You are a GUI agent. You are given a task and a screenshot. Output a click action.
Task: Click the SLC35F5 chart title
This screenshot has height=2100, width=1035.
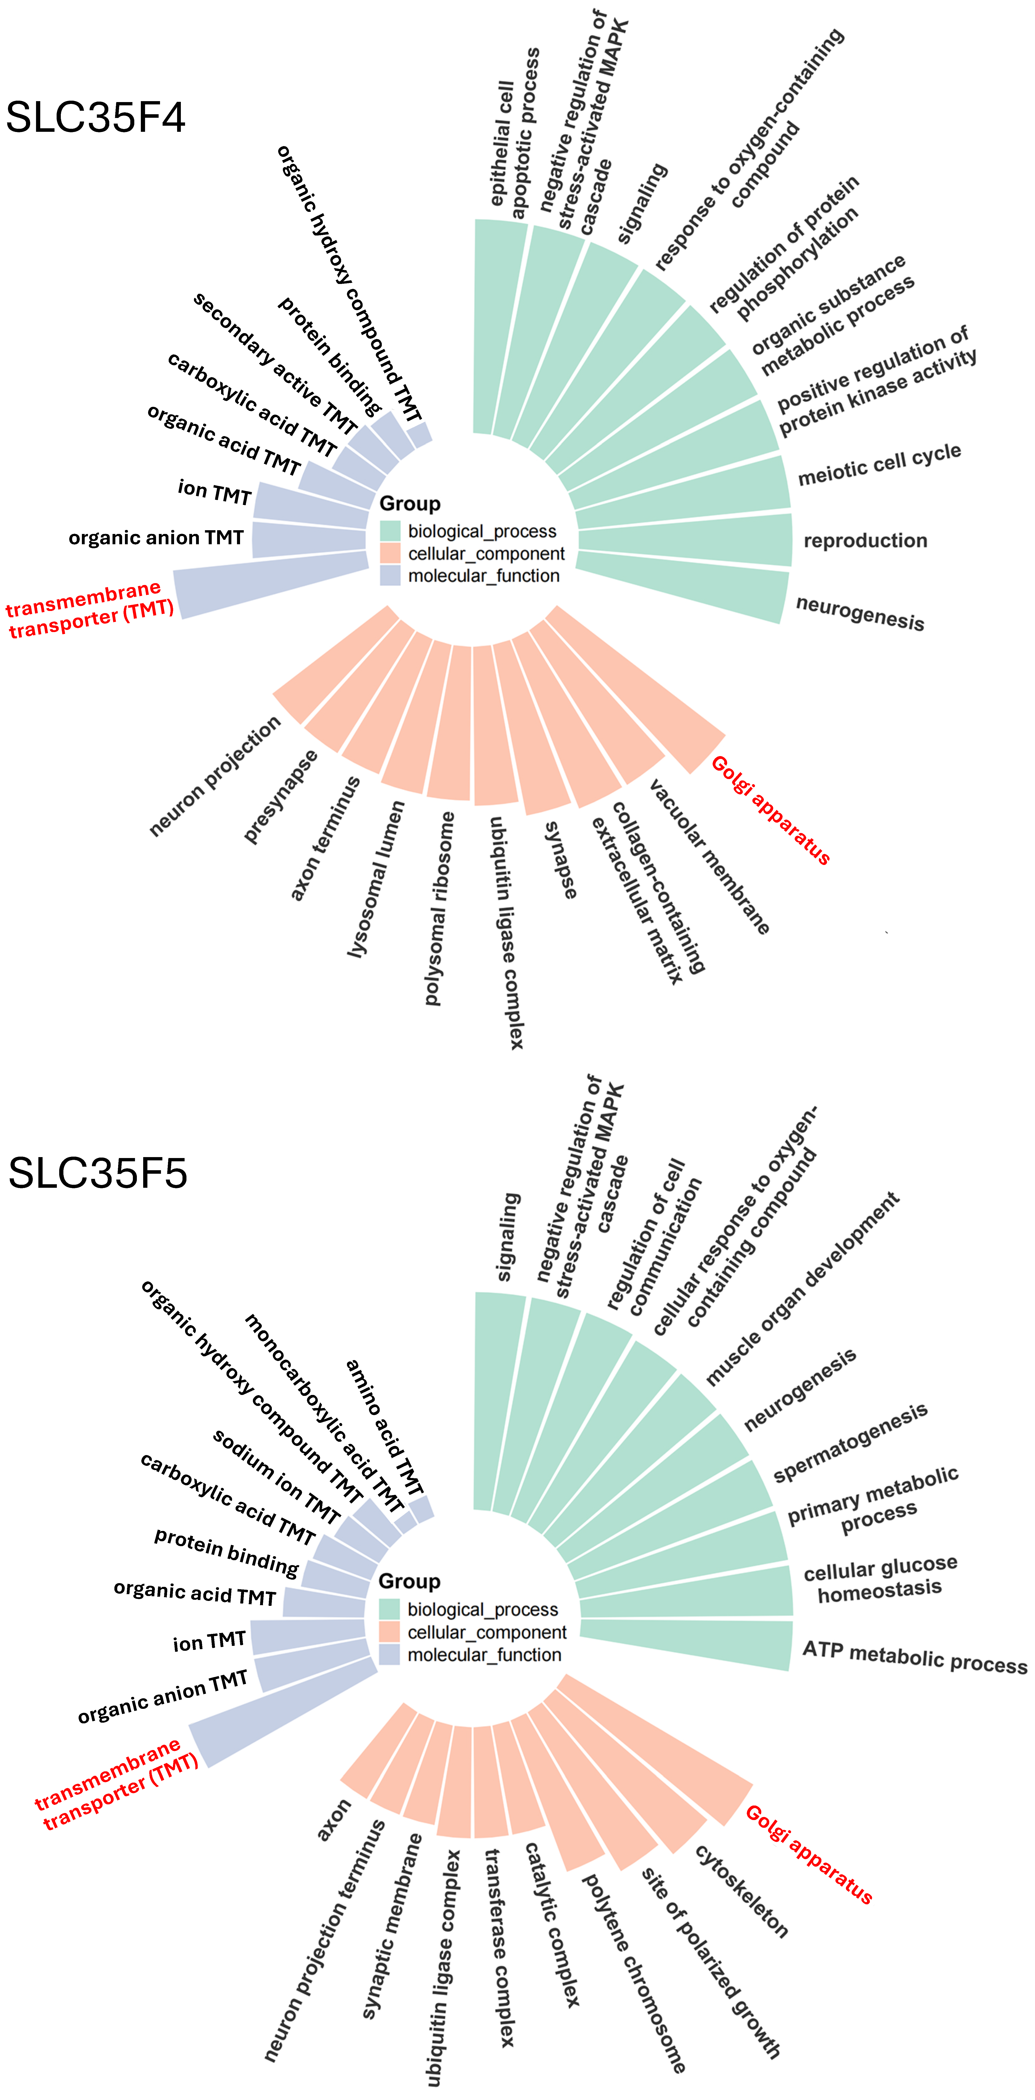coord(98,1173)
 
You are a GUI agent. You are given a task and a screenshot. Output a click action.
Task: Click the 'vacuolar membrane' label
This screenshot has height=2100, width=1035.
coord(709,856)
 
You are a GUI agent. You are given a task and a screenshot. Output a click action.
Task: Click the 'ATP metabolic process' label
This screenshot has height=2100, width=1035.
coord(914,1657)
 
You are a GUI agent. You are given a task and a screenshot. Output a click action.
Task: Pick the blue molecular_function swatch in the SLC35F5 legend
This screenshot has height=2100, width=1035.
coord(390,1654)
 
